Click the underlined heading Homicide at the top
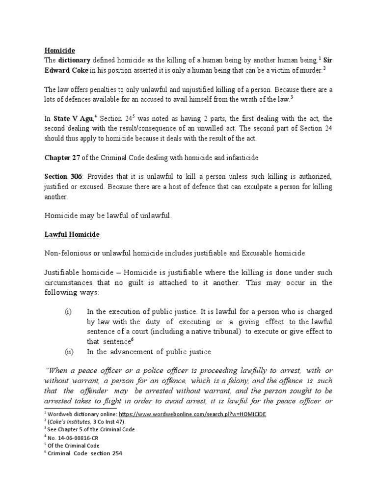(58, 50)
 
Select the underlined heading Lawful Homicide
(72, 235)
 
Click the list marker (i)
(69, 311)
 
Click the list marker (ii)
(69, 351)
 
